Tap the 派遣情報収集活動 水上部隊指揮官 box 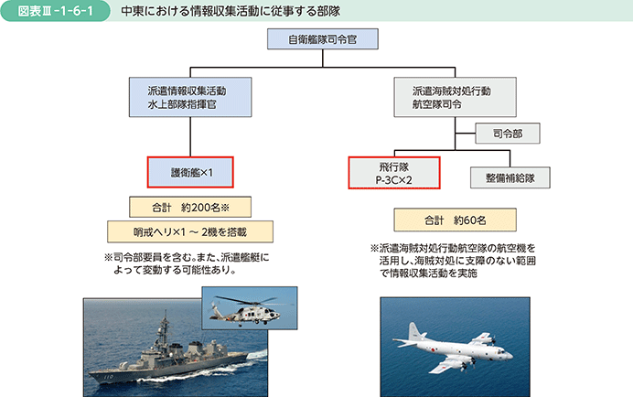189,98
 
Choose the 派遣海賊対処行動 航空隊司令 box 448,98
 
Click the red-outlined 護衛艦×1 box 190,171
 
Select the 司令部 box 508,134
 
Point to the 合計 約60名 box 455,220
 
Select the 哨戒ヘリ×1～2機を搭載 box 190,231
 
